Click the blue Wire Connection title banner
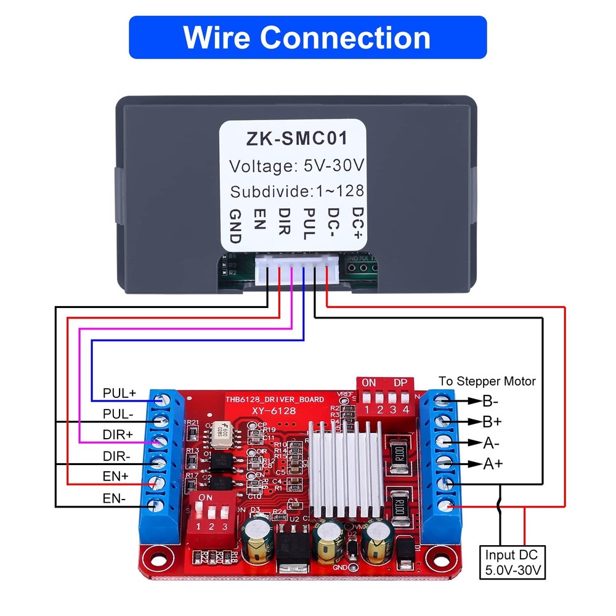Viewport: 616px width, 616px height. [x=307, y=38]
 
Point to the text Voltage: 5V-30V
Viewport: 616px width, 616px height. [x=296, y=166]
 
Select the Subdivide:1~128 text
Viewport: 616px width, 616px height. [x=297, y=191]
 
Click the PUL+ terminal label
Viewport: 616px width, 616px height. [x=120, y=392]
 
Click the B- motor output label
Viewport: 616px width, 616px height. [x=490, y=402]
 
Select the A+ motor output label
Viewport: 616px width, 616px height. [x=492, y=464]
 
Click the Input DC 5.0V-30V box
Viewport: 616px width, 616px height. [x=513, y=563]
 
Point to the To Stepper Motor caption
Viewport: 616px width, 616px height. [x=487, y=381]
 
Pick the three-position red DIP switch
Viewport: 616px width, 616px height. [x=211, y=511]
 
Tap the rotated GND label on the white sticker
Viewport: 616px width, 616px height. [x=235, y=226]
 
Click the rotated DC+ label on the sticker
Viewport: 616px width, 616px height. [x=357, y=222]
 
